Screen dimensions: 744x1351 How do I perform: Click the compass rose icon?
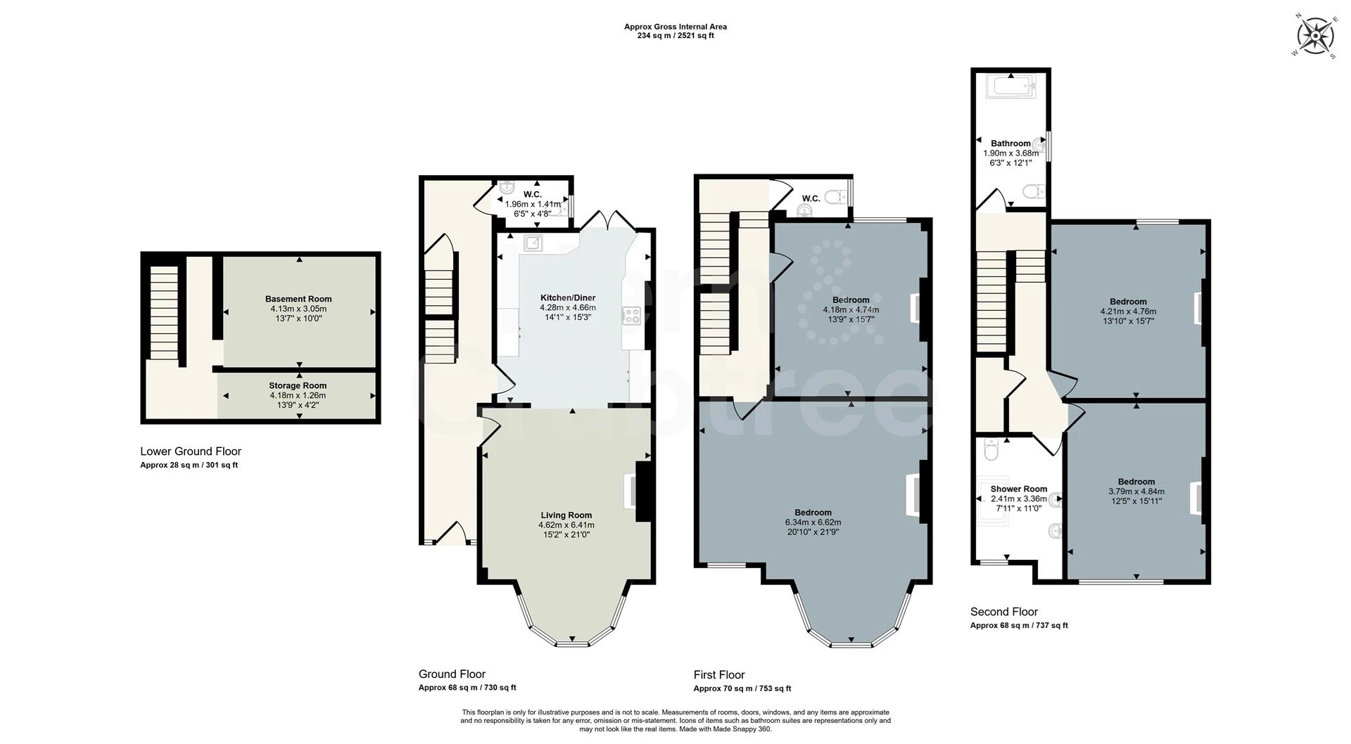[1314, 35]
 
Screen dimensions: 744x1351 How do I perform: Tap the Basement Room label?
[298, 299]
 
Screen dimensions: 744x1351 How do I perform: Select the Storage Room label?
[298, 385]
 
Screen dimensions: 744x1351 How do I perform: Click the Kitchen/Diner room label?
[567, 297]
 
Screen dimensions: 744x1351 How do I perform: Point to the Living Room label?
[566, 515]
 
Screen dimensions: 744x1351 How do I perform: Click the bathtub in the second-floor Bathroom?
[1011, 88]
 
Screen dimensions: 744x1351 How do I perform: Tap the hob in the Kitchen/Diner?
[630, 316]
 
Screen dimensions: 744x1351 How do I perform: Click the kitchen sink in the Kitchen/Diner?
[533, 243]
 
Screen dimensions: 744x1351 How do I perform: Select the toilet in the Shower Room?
[991, 450]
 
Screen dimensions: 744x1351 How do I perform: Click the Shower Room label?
[1018, 489]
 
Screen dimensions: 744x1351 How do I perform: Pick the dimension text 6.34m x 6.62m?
[813, 522]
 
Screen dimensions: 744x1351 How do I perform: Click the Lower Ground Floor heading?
[190, 451]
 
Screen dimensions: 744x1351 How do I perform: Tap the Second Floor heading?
[1003, 612]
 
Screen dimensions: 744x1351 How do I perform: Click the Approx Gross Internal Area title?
[675, 27]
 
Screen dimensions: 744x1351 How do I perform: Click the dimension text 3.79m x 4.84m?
[1136, 492]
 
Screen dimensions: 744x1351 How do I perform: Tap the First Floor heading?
[718, 674]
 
